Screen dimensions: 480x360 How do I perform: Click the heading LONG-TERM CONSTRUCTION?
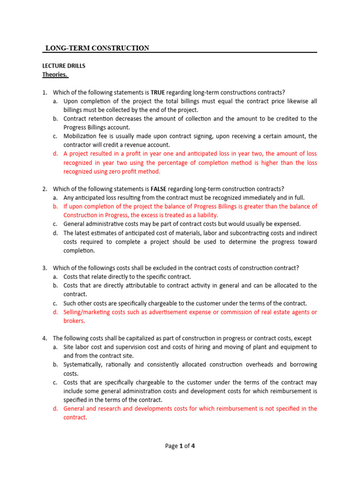pyautogui.click(x=97, y=48)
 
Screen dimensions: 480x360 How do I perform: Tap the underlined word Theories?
pyautogui.click(x=55, y=75)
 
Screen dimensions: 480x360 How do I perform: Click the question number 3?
pyautogui.click(x=45, y=268)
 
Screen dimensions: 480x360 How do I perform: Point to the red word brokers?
pyautogui.click(x=75, y=321)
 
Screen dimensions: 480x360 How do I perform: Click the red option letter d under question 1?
pyautogui.click(x=55, y=154)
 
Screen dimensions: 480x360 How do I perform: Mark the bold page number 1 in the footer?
pyautogui.click(x=181, y=446)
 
